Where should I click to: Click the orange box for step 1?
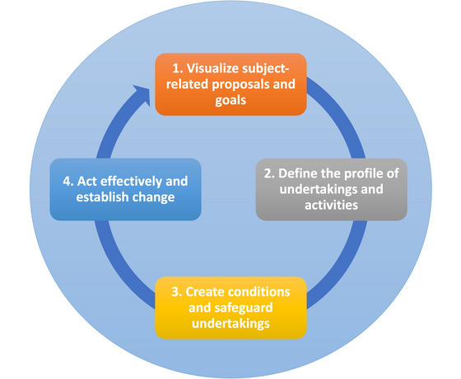230,84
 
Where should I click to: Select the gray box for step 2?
331,189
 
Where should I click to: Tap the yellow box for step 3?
230,307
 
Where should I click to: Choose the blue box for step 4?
125,189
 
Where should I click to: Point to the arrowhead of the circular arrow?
142,95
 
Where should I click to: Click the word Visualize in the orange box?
212,68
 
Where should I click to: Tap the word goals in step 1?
230,100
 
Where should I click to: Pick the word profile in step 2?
363,173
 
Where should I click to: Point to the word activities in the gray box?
331,205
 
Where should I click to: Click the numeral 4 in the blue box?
68,182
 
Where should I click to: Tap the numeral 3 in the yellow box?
176,292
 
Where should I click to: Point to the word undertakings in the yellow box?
230,324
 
